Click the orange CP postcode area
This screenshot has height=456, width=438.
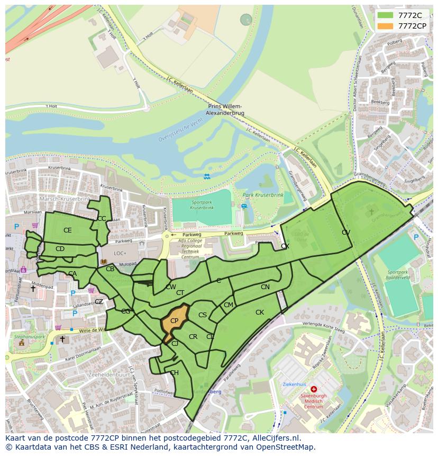click(174, 321)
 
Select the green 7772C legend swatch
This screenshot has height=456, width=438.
click(385, 15)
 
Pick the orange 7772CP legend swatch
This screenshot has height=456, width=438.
click(385, 26)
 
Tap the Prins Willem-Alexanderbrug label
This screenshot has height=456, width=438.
click(227, 109)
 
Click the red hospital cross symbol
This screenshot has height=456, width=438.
click(314, 389)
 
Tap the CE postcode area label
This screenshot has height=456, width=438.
click(67, 230)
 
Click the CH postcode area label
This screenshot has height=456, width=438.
click(174, 373)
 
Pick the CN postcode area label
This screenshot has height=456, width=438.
click(265, 287)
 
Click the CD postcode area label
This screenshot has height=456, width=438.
click(60, 249)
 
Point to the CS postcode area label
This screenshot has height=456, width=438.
click(203, 315)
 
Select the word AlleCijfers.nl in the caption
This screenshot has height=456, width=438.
click(275, 438)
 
